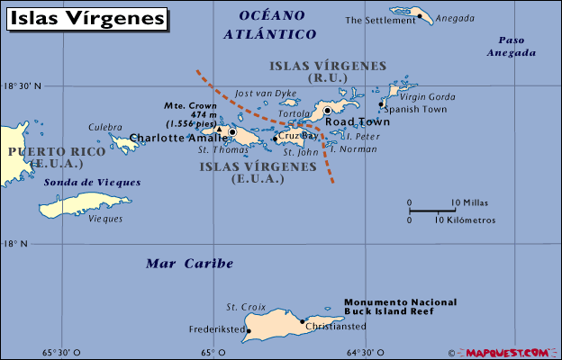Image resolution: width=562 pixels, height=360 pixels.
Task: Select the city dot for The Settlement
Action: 419,20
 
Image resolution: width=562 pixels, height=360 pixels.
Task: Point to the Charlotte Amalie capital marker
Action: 232,132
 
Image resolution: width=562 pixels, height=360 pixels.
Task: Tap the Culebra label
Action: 104,128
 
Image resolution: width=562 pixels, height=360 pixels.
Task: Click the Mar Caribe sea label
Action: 189,264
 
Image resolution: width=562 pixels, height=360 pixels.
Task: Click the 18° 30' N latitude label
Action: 23,86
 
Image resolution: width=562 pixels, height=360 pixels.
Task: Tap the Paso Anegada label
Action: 511,46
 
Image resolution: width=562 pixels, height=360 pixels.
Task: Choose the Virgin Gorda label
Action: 421,96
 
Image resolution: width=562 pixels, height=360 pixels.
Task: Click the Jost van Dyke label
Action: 265,93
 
